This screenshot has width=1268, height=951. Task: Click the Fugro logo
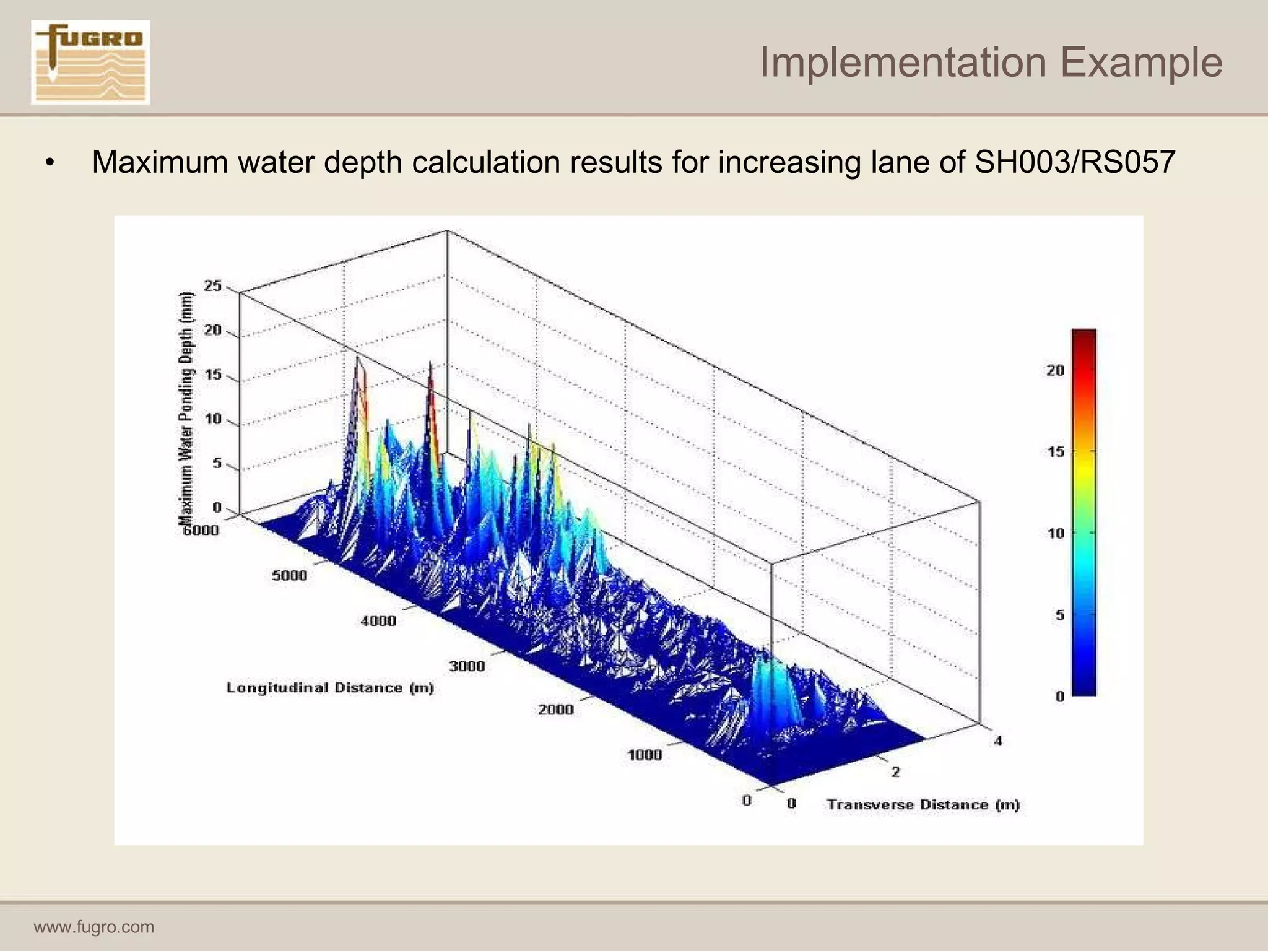click(90, 62)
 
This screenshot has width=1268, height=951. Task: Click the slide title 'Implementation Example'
click(991, 62)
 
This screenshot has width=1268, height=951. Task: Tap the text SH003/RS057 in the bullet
click(1074, 162)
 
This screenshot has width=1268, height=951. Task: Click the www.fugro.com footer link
click(94, 927)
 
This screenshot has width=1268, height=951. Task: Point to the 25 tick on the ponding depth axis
click(213, 285)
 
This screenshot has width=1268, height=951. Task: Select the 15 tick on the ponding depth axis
click(213, 375)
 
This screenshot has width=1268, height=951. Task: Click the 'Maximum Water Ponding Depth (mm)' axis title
click(186, 409)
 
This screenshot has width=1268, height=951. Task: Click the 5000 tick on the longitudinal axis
click(289, 575)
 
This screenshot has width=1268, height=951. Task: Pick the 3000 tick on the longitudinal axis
click(467, 666)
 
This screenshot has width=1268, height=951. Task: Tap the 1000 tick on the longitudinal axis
click(645, 755)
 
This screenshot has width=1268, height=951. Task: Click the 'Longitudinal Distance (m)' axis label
click(330, 688)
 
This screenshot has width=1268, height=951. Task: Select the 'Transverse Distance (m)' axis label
click(923, 804)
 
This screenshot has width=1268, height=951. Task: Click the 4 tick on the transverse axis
click(998, 740)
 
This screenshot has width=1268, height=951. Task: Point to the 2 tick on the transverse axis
click(895, 771)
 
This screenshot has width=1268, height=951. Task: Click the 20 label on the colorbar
click(1056, 370)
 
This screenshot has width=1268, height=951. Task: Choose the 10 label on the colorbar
click(1056, 533)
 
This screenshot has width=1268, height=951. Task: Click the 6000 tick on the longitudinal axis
click(201, 530)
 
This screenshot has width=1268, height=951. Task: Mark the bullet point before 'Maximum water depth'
click(50, 163)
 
